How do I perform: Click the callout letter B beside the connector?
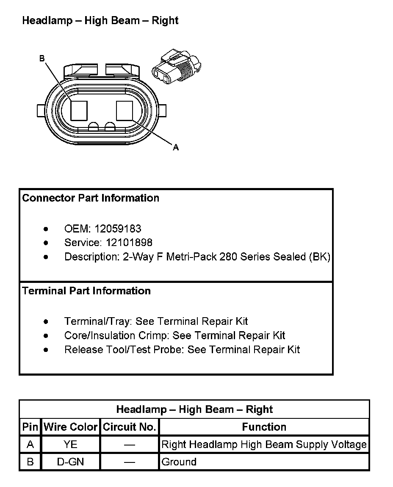pos(42,58)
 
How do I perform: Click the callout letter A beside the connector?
pos(176,147)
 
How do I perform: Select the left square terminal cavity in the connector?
pos(79,111)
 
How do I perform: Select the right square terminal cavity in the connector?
pos(125,111)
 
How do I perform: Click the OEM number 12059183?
pos(118,229)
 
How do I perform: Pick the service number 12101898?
pos(123,243)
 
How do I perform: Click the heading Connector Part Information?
pos(91,198)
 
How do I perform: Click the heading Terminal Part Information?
pos(86,291)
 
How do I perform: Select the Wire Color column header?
pos(71,427)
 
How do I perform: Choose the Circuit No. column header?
pos(130,427)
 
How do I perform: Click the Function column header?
pos(264,427)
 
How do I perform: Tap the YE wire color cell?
pos(70,445)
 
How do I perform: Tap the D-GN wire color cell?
pos(70,462)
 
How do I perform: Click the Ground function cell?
pos(179,462)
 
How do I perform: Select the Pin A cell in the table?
pos(30,445)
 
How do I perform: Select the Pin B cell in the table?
pos(30,462)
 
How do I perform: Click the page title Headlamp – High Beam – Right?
pos(100,21)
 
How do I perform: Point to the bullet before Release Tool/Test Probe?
pos(46,350)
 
